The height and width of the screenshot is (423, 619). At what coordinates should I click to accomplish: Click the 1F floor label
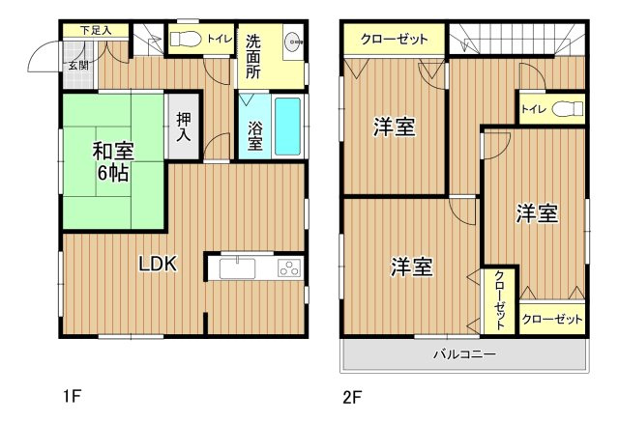click(x=72, y=396)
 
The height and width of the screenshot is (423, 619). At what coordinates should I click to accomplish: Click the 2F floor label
click(x=351, y=396)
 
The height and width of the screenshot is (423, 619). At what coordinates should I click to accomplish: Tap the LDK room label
click(x=157, y=264)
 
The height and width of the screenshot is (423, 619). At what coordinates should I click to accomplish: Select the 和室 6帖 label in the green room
click(x=112, y=162)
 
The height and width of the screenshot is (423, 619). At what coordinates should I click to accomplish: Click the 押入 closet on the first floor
click(x=184, y=127)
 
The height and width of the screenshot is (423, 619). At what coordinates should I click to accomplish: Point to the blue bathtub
click(x=287, y=126)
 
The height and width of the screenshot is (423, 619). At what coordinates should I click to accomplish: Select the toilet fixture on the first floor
click(x=185, y=40)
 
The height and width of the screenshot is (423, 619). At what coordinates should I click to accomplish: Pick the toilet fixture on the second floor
click(x=570, y=109)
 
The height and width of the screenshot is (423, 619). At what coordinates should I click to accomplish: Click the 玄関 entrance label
click(x=78, y=66)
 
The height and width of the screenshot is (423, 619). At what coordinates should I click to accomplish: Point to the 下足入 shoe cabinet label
click(x=96, y=30)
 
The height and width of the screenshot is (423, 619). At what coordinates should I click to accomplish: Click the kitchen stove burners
click(x=289, y=268)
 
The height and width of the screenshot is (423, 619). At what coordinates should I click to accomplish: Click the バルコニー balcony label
click(x=464, y=354)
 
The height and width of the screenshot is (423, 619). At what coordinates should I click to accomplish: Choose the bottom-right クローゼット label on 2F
click(x=553, y=319)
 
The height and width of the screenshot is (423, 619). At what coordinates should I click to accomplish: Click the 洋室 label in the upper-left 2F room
click(x=395, y=127)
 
